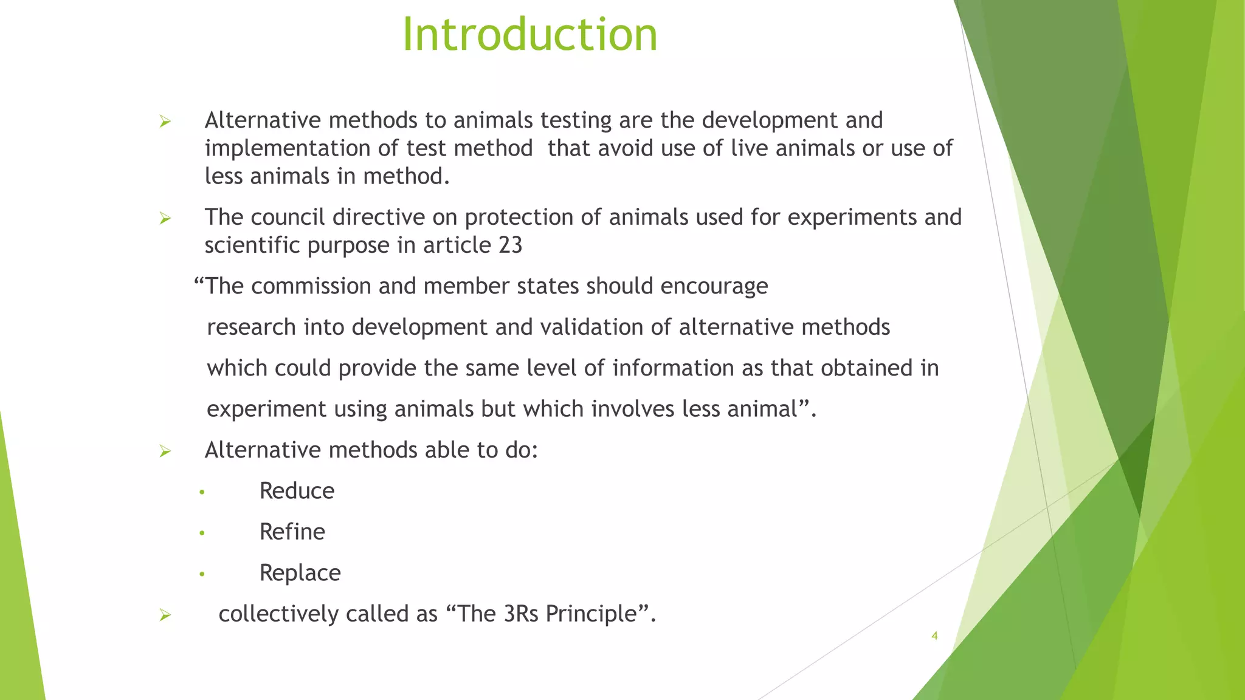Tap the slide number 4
pos(934,636)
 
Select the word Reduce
pos(297,491)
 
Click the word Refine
pos(292,532)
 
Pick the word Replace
pos(300,573)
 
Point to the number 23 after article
pos(510,245)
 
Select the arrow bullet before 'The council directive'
pos(165,218)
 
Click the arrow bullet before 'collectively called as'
pos(165,615)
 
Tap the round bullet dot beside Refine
pos(202,534)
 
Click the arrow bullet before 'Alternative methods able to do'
pos(165,451)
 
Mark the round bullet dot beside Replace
pos(202,574)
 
